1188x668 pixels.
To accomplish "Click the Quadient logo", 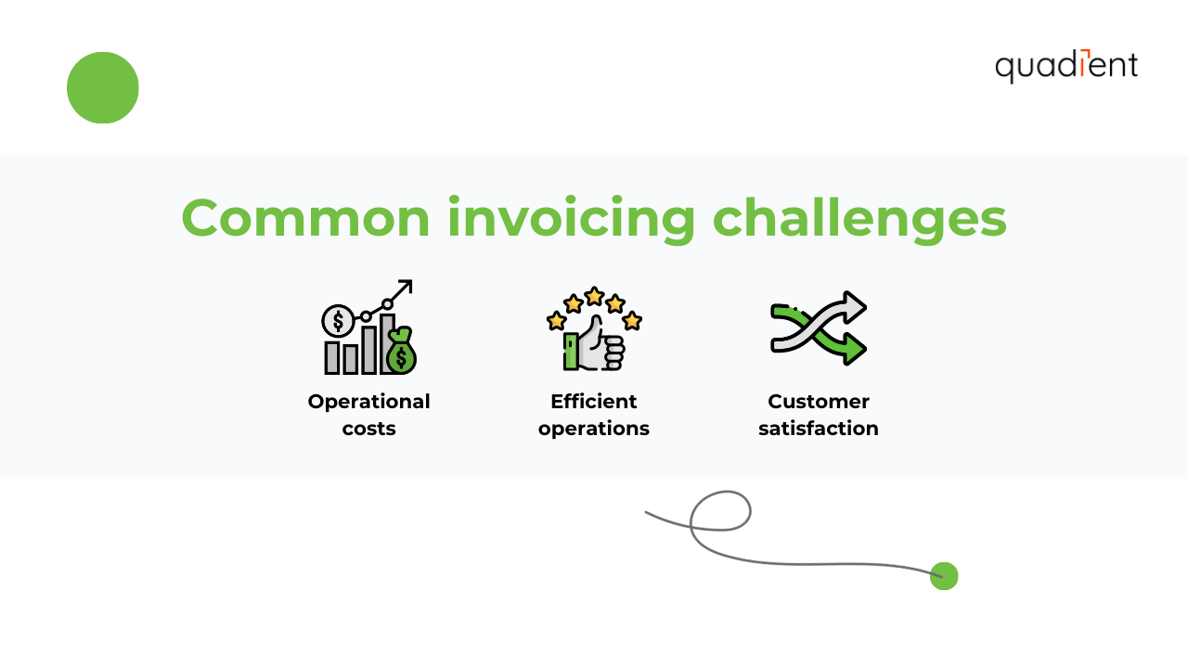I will coord(1065,66).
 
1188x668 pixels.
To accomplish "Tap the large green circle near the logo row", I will coord(103,88).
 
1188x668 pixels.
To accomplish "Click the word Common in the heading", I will coord(305,218).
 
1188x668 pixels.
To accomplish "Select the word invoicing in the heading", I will coord(571,220).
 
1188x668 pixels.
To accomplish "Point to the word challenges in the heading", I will coord(859,220).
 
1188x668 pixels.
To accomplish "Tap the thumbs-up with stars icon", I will coord(594,329).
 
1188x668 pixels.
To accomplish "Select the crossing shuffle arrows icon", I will coord(818,328).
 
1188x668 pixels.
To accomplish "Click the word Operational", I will coord(368,402).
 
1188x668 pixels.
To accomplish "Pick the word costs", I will coord(368,429).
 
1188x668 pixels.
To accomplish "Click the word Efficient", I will coord(593,402).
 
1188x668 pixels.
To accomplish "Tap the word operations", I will coord(593,429).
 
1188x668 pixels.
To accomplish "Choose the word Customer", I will coord(818,402).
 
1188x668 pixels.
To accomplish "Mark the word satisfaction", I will coord(818,429).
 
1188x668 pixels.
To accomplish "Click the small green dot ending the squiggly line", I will coord(944,576).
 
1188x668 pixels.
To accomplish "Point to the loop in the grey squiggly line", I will coord(721,511).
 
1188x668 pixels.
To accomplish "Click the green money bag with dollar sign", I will coord(401,353).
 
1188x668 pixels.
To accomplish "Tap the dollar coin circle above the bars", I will coord(337,321).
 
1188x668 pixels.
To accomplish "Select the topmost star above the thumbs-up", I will coord(594,296).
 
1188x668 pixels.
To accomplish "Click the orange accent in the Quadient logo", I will coord(1088,52).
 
